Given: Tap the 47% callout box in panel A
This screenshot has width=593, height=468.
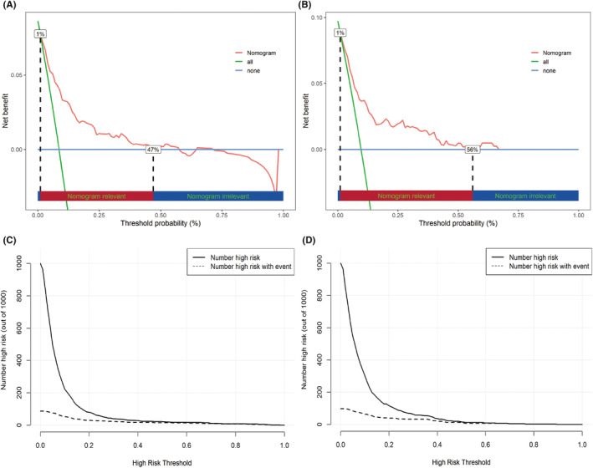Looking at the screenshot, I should tap(153, 150).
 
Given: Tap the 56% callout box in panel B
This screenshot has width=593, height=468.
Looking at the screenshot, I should tap(472, 150).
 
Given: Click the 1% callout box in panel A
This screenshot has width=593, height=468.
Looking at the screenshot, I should tap(40, 33).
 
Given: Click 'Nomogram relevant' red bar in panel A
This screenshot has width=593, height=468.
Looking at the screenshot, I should tap(95, 196).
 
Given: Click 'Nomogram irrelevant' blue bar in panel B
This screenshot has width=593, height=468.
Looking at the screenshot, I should tap(525, 196).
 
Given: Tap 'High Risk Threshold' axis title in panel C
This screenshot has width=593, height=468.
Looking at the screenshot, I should tap(161, 459).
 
